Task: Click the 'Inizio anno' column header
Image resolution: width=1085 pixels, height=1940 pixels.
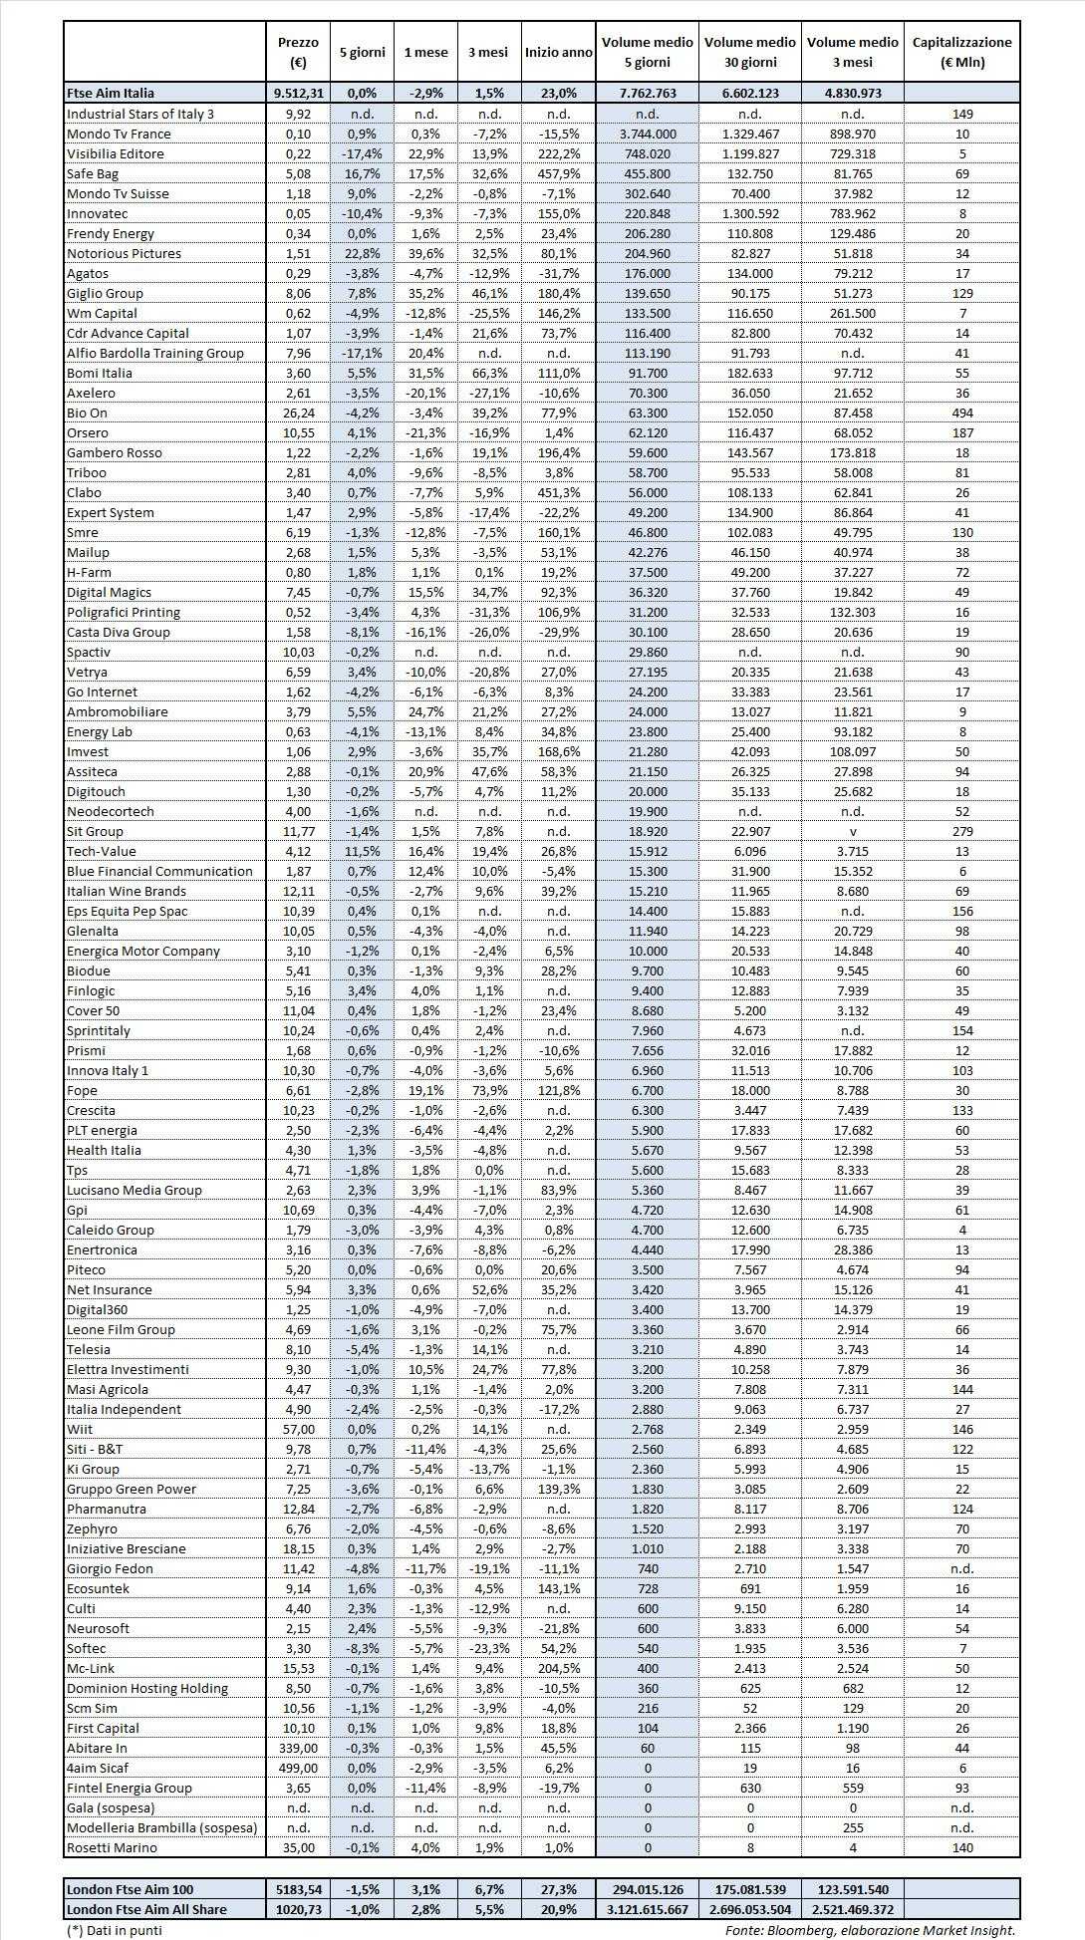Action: pos(558,52)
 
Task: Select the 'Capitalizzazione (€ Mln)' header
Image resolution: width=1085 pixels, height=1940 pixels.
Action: pos(961,52)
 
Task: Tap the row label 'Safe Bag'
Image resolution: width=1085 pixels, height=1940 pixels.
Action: pos(93,173)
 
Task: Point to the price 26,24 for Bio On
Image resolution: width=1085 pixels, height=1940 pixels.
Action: pos(298,413)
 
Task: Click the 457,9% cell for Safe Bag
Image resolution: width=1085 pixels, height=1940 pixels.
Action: pos(558,173)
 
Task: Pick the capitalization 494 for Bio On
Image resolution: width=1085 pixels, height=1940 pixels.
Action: pos(961,413)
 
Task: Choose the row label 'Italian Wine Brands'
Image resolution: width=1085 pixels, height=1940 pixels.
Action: pos(127,891)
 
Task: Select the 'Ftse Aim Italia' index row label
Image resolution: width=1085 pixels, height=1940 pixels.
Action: pos(111,93)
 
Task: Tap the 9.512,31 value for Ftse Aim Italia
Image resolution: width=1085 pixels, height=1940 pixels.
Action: pos(298,93)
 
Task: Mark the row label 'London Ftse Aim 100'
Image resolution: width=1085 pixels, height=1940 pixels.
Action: pos(130,1889)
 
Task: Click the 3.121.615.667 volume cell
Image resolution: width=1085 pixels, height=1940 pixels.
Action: pos(647,1909)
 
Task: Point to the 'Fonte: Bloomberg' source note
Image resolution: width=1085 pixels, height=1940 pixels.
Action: pos(869,1930)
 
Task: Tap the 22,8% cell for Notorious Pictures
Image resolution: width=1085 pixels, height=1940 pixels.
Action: pos(362,253)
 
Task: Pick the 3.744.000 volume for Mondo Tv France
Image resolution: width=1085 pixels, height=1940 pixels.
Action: pos(647,134)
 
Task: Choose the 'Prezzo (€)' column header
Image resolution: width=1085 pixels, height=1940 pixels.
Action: pos(298,52)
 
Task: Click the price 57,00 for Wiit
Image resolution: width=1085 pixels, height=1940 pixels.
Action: pos(298,1429)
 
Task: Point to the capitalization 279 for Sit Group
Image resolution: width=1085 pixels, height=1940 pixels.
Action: pos(961,831)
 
